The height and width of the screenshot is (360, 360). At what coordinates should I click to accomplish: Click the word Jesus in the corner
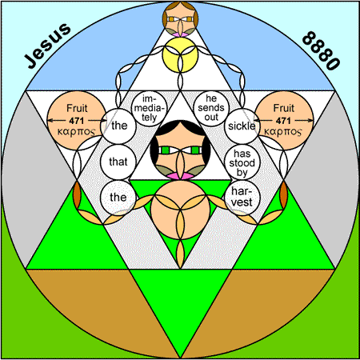(x=47, y=46)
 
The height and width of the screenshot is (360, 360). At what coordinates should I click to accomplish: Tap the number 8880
(x=321, y=50)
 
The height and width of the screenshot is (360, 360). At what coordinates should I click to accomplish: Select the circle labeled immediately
(x=150, y=108)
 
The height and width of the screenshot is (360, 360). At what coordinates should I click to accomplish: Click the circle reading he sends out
(x=211, y=108)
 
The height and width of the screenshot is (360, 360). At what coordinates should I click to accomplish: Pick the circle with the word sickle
(x=242, y=126)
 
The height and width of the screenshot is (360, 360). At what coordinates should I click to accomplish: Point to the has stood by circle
(x=242, y=162)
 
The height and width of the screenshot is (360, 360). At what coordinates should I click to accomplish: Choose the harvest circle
(x=242, y=198)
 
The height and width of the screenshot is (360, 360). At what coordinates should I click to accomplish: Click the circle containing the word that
(x=118, y=162)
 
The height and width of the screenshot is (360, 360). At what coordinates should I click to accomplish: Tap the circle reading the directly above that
(x=119, y=126)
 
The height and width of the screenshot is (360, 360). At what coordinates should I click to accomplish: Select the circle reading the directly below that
(x=118, y=198)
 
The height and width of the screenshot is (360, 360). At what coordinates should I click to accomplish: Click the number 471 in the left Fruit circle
(x=77, y=121)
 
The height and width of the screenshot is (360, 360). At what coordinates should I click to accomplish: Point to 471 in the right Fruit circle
(x=283, y=121)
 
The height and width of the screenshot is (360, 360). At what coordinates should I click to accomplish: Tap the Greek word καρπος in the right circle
(x=283, y=132)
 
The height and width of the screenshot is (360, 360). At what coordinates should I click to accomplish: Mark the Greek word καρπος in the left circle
(x=76, y=132)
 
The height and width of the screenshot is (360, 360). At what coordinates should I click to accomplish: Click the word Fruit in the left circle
(x=77, y=108)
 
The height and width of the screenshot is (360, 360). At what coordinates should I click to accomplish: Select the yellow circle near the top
(x=180, y=54)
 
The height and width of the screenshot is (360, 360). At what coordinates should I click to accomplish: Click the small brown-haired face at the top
(x=180, y=18)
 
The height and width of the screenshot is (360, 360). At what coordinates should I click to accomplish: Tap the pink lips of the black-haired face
(x=180, y=176)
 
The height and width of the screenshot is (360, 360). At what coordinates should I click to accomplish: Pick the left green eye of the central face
(x=166, y=150)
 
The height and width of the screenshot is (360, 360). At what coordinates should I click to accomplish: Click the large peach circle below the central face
(x=180, y=210)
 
